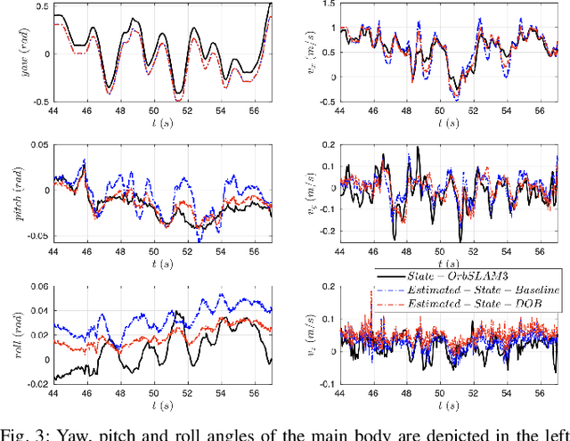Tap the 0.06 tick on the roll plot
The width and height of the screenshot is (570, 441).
37,288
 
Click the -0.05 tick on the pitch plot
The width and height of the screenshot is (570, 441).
36,234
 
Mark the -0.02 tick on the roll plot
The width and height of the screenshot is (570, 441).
36,382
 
